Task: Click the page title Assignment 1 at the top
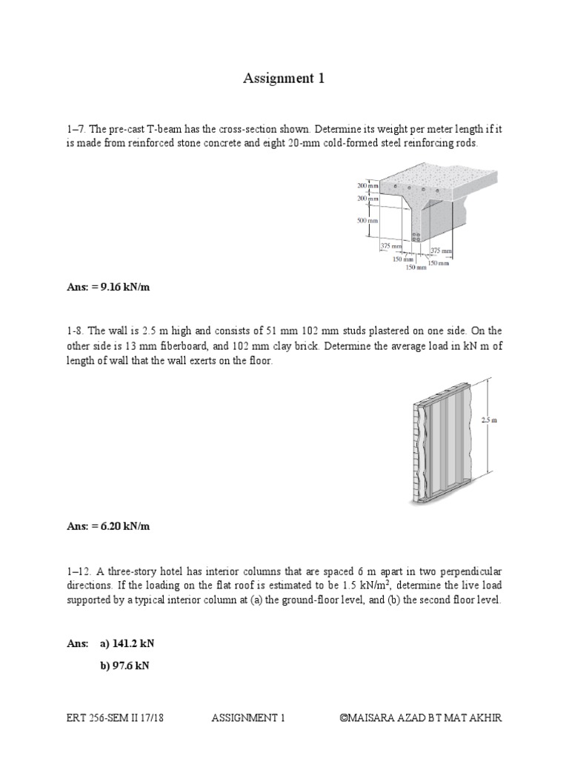tap(284, 79)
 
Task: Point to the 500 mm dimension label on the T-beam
tap(367, 220)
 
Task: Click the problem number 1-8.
tap(76, 329)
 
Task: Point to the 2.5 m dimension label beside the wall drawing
tap(489, 420)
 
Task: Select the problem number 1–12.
tap(79, 571)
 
